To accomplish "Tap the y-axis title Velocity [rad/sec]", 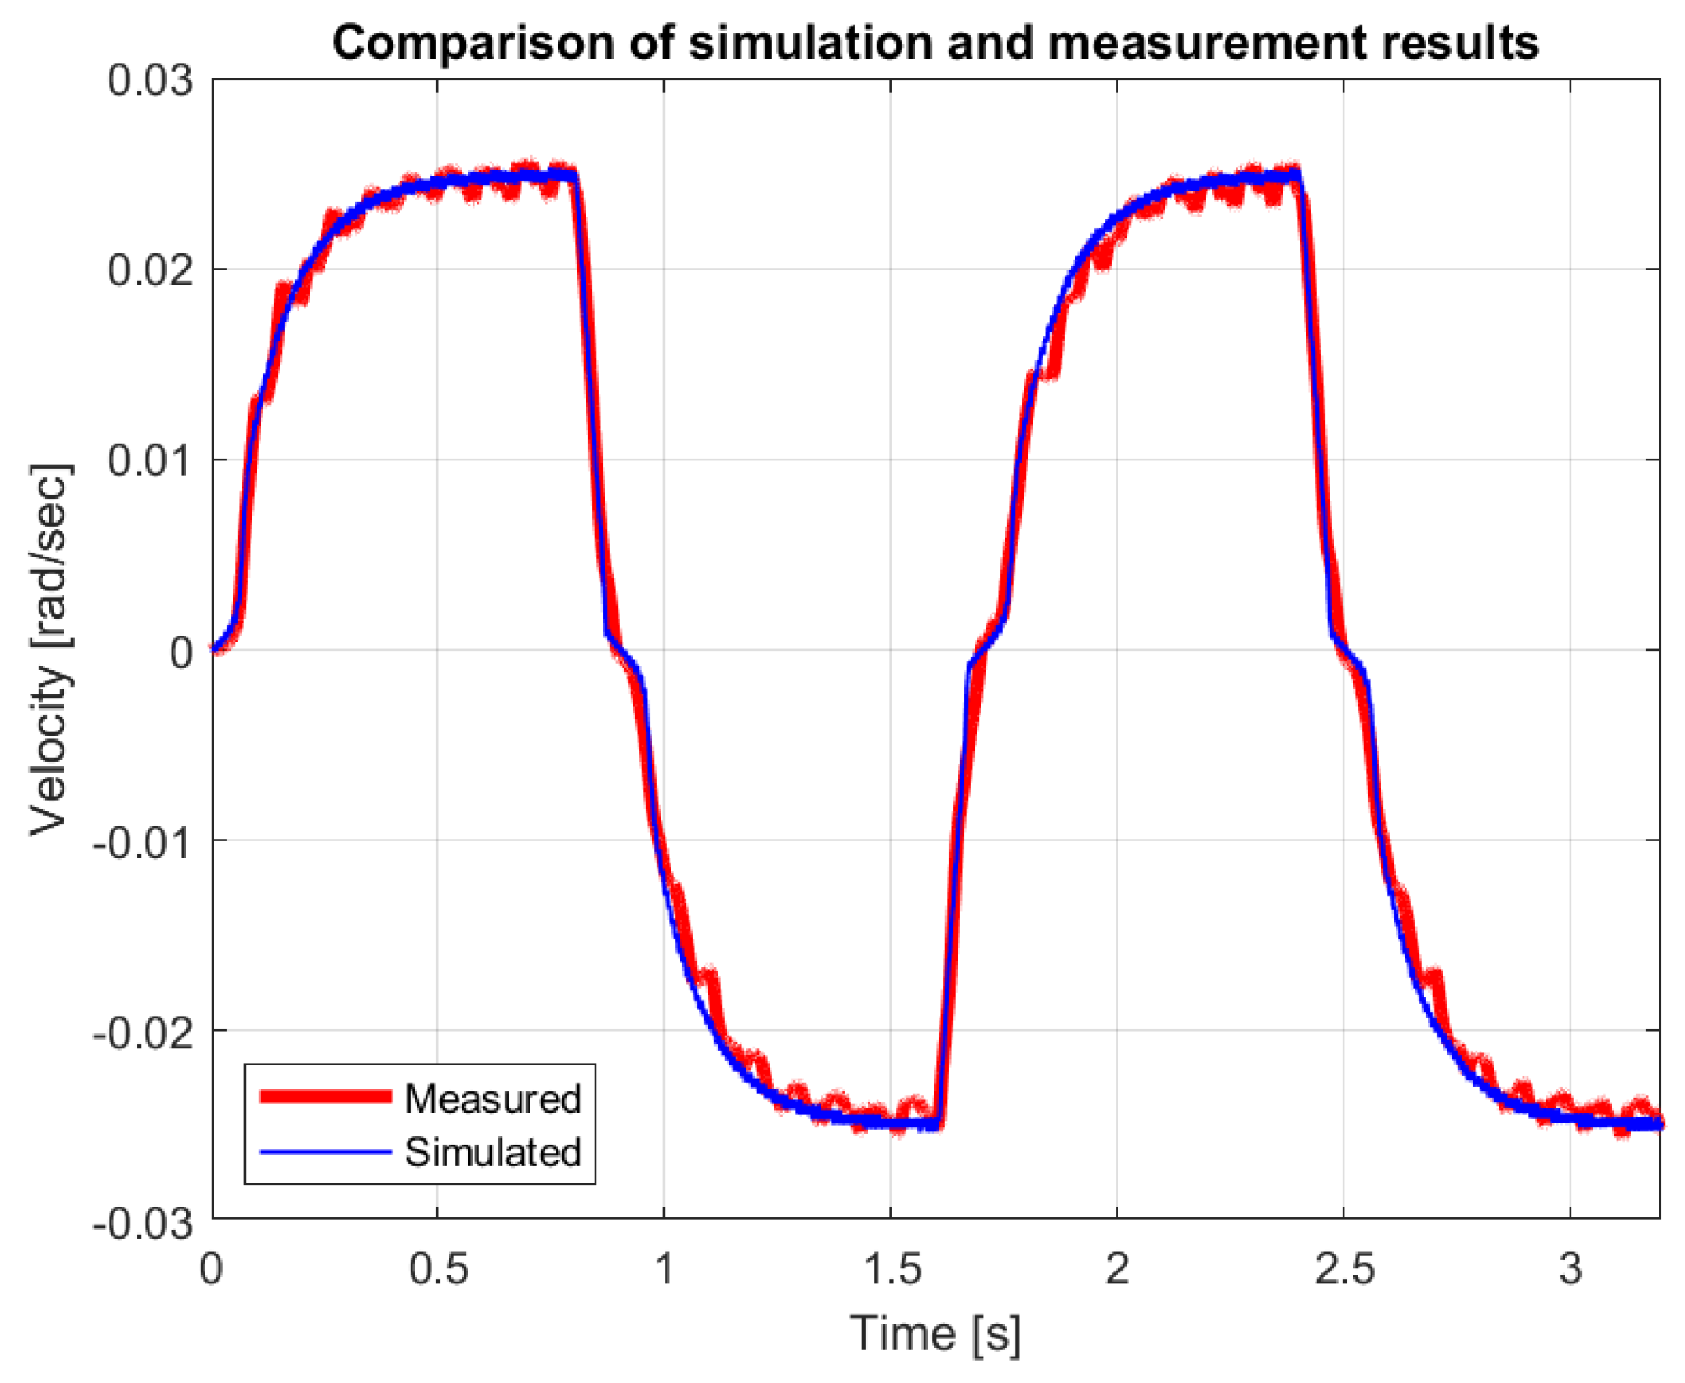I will [49, 650].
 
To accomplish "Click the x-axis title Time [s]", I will [935, 1333].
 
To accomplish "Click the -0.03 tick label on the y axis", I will [142, 1222].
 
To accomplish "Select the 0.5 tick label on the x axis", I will [438, 1268].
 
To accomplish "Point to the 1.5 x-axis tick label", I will [892, 1268].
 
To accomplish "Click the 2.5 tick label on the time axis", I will [1344, 1268].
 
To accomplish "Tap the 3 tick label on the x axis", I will [1570, 1268].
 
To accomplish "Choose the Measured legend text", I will [492, 1098].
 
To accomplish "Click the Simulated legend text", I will [492, 1152].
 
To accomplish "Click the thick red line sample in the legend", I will [325, 1096].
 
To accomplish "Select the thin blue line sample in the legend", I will [325, 1151].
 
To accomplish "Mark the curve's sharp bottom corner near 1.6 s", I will [939, 1125].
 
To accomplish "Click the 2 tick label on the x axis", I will [1117, 1268].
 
